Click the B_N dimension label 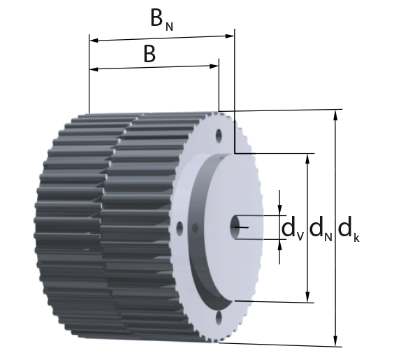[161, 20]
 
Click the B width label [149, 54]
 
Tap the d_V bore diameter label [293, 229]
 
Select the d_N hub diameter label [321, 229]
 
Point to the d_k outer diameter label [349, 230]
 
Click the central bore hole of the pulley [235, 227]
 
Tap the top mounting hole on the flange [219, 136]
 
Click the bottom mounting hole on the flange [219, 317]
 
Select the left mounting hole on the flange [180, 228]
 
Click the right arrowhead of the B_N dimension [230, 36]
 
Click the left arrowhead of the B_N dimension [94, 41]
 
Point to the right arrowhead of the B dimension [214, 66]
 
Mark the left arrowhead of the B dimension [94, 69]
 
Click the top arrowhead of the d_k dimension [335, 115]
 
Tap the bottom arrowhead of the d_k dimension [335, 342]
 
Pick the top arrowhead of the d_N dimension [308, 158]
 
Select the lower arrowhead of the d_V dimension [279, 245]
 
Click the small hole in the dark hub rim [195, 228]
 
